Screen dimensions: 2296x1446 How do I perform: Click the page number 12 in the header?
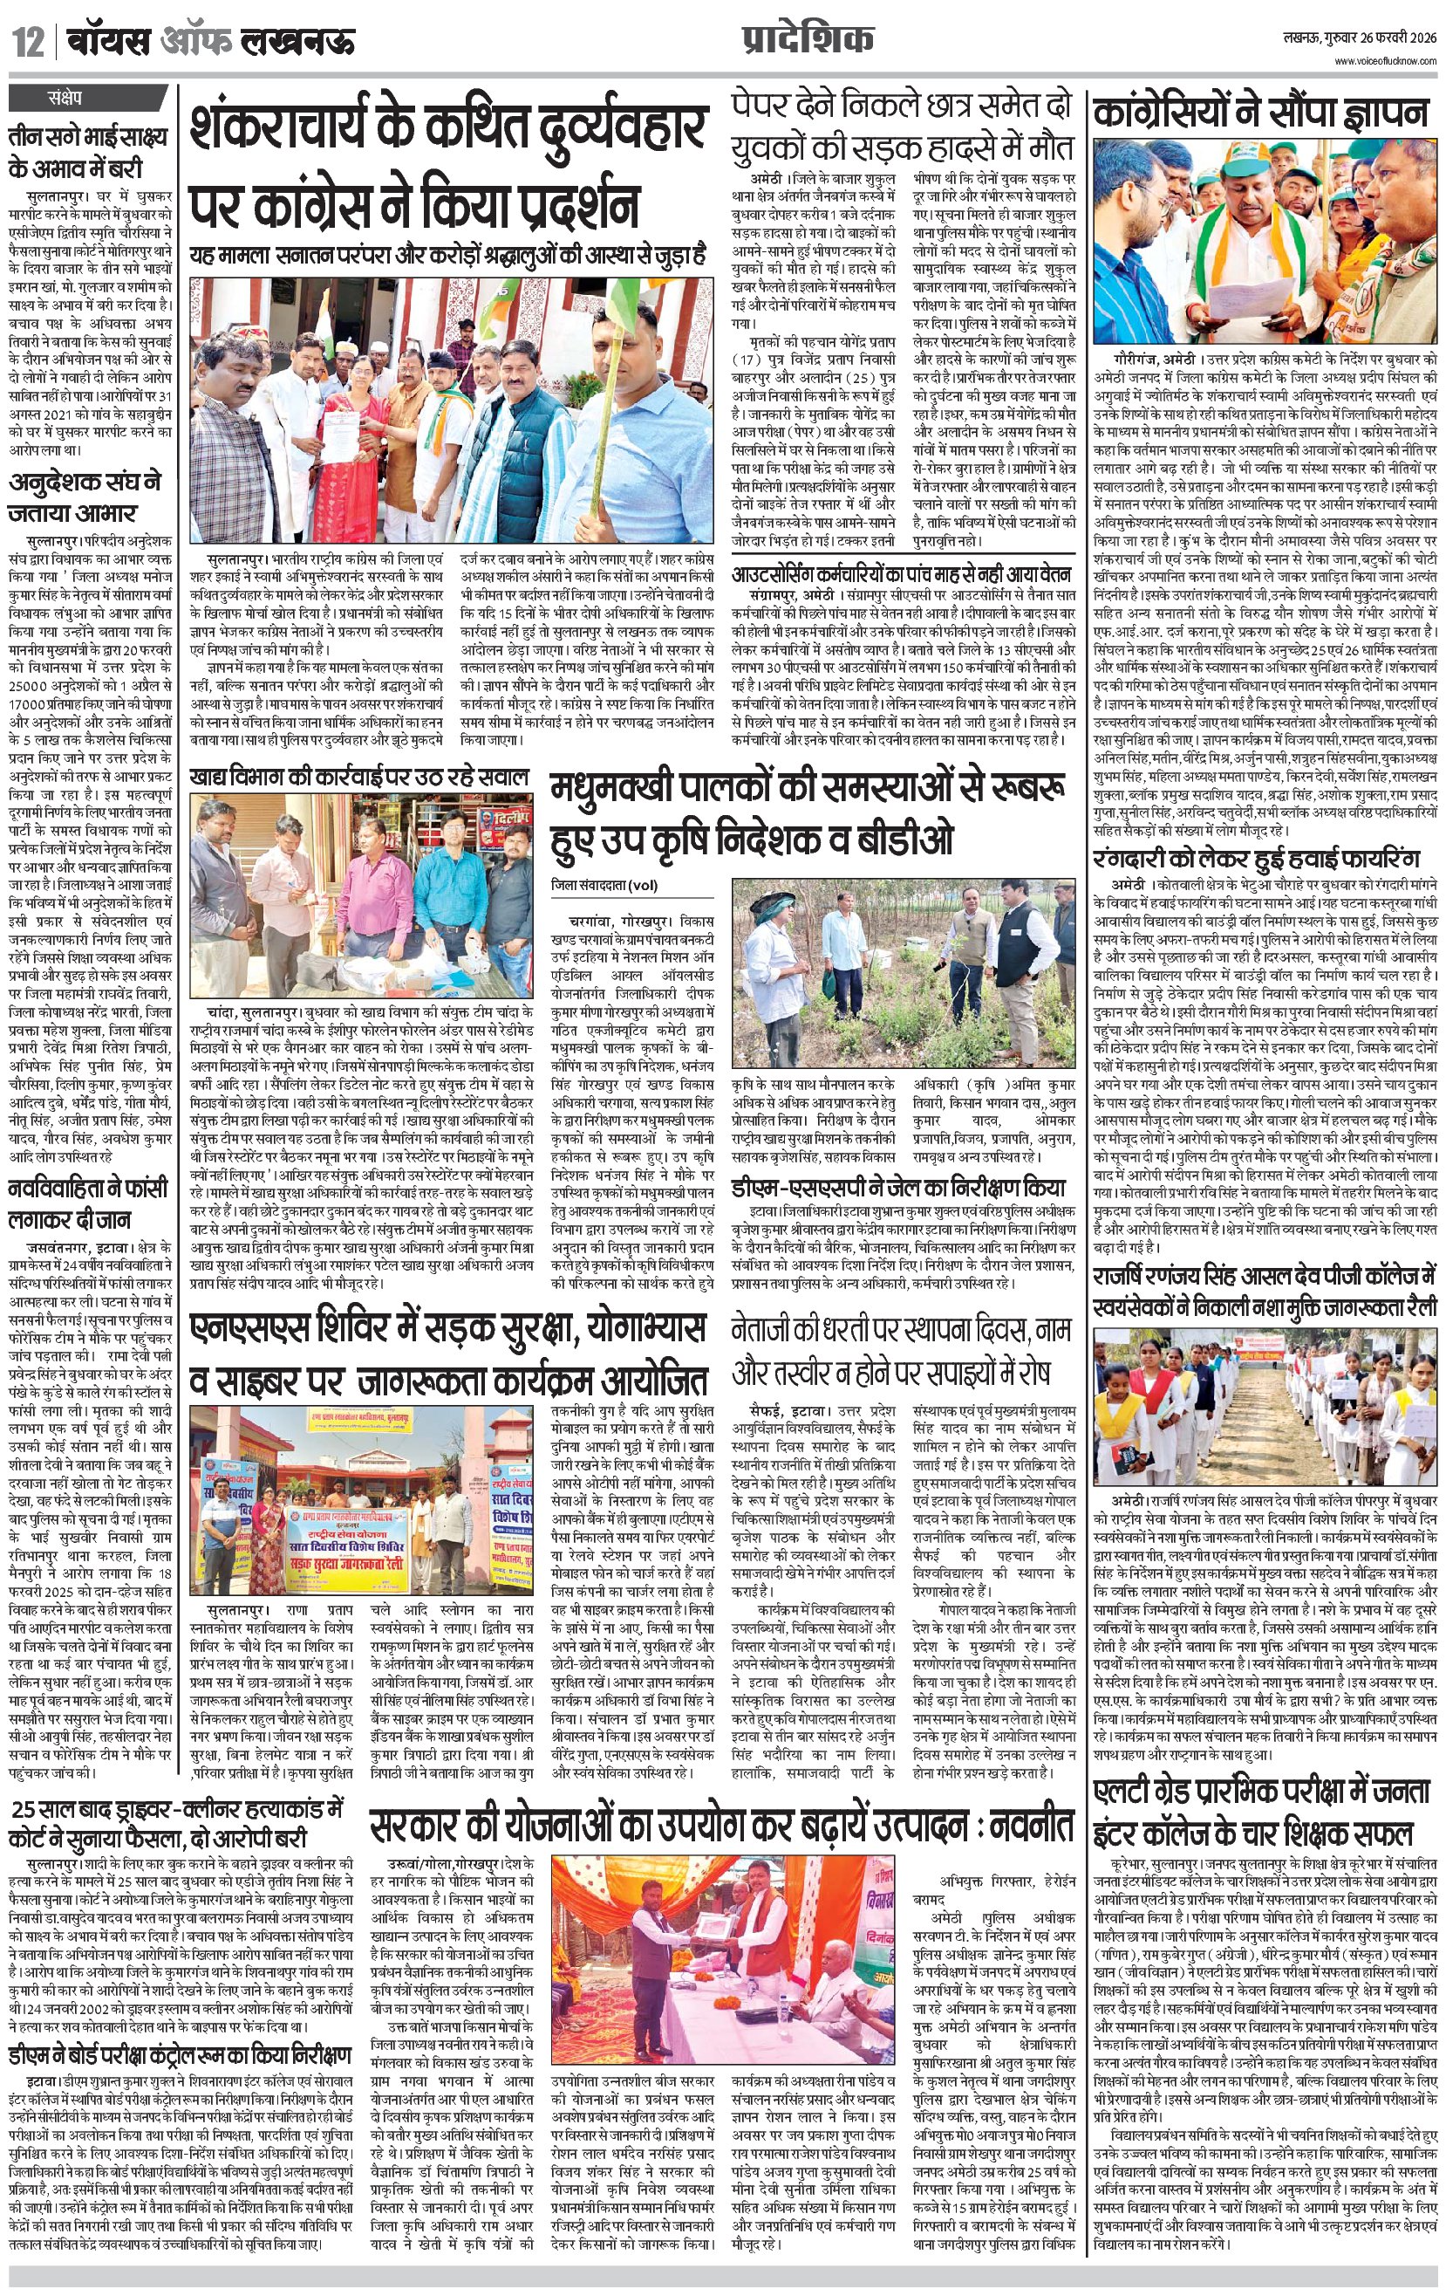(28, 42)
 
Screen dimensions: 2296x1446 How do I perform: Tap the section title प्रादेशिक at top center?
(807, 39)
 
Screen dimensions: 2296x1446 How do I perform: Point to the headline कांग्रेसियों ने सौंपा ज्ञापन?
(1262, 113)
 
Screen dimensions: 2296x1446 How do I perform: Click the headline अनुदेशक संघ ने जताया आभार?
(85, 497)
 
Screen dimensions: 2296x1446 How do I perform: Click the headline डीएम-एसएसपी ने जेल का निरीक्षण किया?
(899, 1187)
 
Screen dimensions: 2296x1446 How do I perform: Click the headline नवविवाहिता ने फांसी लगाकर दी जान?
(89, 1203)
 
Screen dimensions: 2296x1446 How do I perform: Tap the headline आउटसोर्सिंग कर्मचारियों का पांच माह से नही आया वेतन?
(902, 575)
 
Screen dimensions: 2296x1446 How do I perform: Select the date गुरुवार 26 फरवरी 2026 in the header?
(1384, 39)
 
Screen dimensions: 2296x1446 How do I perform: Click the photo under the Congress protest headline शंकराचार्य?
(451, 409)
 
